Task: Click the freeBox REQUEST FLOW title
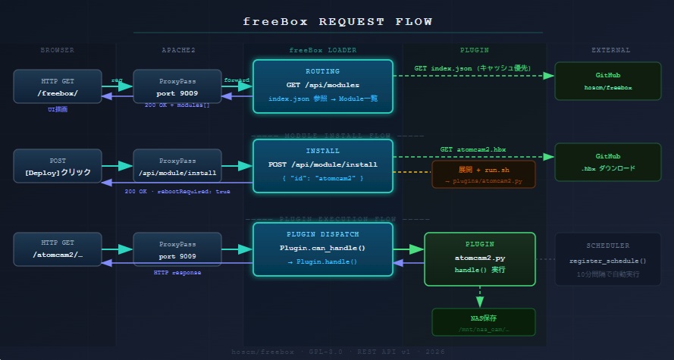(x=337, y=21)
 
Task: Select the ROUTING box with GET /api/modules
(x=323, y=86)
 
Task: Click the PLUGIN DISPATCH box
(x=323, y=248)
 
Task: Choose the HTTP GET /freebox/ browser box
(x=58, y=86)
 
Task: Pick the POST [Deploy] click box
(x=58, y=166)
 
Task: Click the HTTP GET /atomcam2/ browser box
(x=58, y=249)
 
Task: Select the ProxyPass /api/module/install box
(x=177, y=166)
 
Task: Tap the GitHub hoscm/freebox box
(x=608, y=82)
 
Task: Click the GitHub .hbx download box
(x=608, y=161)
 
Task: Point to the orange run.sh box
(x=483, y=174)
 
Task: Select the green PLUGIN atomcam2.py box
(x=480, y=258)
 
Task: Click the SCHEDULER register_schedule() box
(x=607, y=259)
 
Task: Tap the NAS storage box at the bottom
(x=483, y=322)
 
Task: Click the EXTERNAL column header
(x=610, y=51)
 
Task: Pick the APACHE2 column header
(x=178, y=51)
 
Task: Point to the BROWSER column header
(x=58, y=51)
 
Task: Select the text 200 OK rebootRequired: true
(x=177, y=191)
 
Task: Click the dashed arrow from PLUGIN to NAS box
(x=480, y=296)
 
